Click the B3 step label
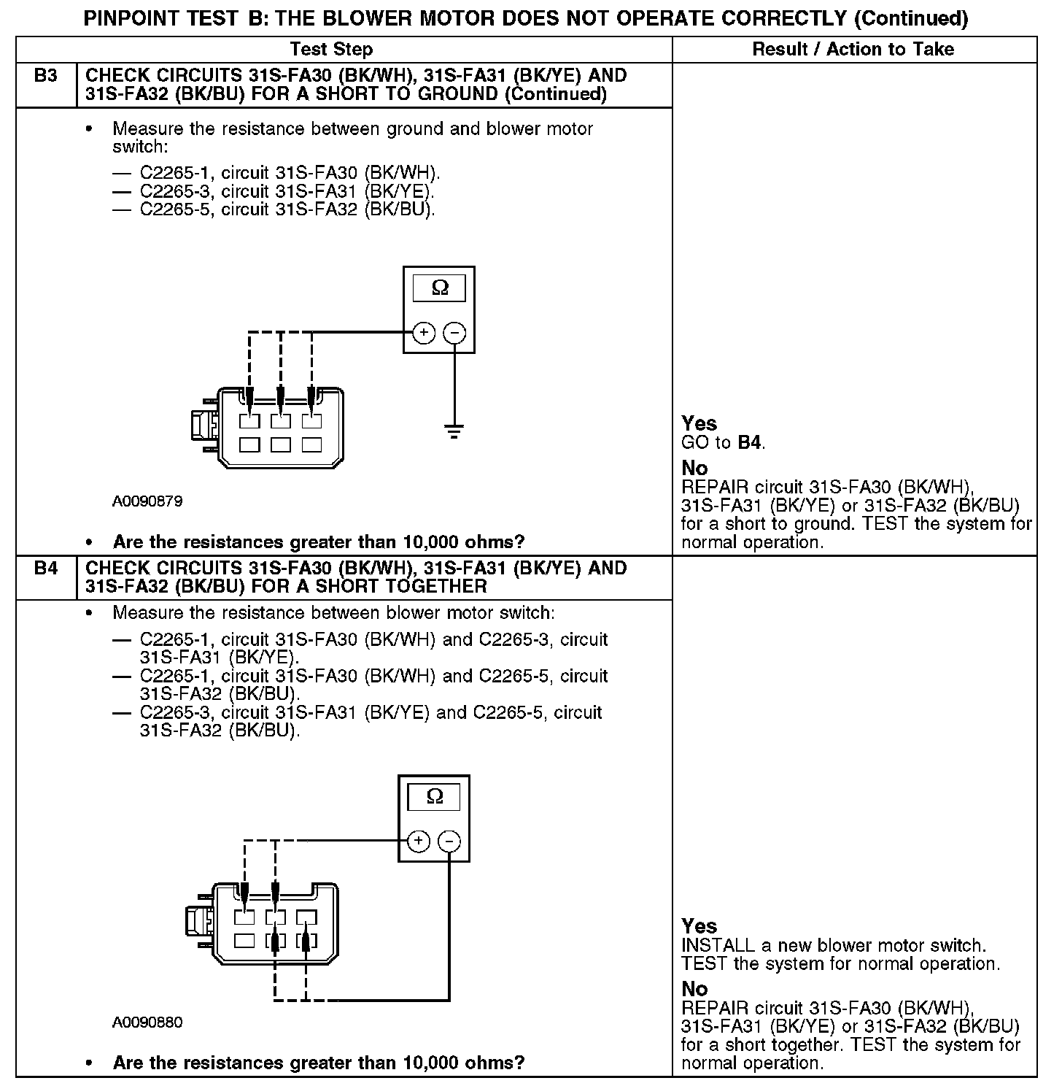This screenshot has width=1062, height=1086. [45, 76]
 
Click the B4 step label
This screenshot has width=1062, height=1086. [45, 568]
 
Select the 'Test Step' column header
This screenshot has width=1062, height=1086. [331, 50]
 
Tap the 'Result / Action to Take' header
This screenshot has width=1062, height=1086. [853, 50]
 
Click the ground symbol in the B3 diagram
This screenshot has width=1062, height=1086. [454, 432]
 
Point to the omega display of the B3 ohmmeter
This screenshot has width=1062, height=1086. [439, 288]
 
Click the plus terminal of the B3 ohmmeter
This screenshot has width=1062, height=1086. [424, 333]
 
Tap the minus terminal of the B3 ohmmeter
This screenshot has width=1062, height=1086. [454, 333]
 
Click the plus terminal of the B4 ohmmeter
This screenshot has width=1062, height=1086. [419, 841]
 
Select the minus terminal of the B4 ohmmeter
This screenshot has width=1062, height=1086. [449, 841]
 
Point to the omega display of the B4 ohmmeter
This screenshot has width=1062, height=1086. [434, 796]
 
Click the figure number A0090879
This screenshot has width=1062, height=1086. [147, 502]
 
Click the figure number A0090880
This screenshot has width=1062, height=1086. [147, 1023]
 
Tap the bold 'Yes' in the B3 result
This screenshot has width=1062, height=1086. [699, 423]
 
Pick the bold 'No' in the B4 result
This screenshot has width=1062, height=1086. [694, 989]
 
